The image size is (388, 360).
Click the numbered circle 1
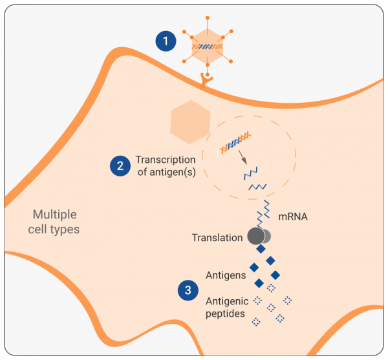[x=167, y=42]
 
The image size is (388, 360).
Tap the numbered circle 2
[x=120, y=165]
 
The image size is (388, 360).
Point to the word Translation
[x=217, y=238]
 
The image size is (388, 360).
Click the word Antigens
[x=226, y=275]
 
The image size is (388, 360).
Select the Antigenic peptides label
[x=226, y=307]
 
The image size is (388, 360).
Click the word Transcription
[x=166, y=160]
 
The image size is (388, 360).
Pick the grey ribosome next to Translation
[x=257, y=236]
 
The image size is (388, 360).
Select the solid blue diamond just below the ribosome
[x=261, y=249]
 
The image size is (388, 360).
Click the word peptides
[x=226, y=313]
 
